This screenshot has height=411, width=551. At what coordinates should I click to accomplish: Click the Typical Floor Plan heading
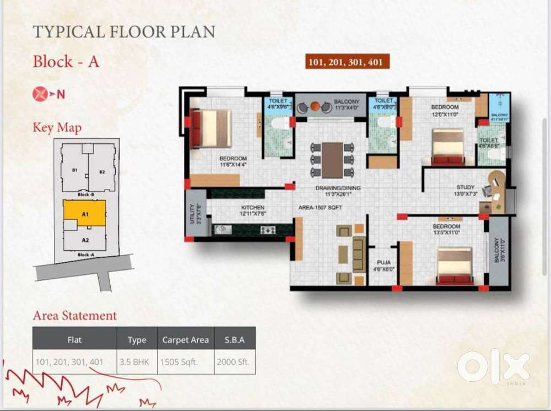click(x=124, y=31)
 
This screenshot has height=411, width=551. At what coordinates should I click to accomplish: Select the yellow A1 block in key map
click(x=84, y=213)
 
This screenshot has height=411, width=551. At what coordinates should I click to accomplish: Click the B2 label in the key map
click(x=102, y=172)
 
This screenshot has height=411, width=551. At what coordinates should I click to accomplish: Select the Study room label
click(x=465, y=191)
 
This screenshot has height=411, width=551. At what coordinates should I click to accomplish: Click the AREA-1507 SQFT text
click(x=321, y=208)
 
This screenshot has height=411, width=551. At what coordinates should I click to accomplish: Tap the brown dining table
click(x=332, y=160)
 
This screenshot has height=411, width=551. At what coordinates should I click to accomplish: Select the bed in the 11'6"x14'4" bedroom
click(x=211, y=129)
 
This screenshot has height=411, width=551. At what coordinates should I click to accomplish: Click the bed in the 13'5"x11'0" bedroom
click(x=455, y=266)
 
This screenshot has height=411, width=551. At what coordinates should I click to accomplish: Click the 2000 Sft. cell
click(x=235, y=363)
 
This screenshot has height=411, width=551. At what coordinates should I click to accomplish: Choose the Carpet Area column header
click(x=186, y=340)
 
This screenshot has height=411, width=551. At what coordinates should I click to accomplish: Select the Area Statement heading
click(x=75, y=316)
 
